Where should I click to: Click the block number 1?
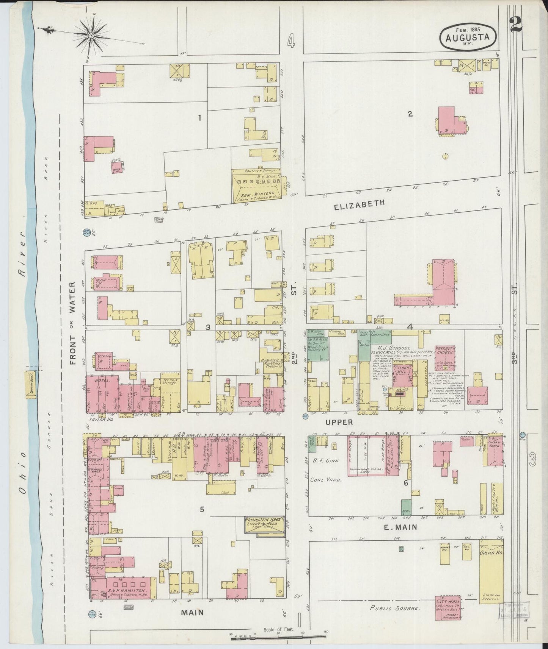click(x=199, y=118)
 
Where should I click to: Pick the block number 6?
click(x=405, y=483)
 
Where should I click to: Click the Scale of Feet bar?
click(x=278, y=638)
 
